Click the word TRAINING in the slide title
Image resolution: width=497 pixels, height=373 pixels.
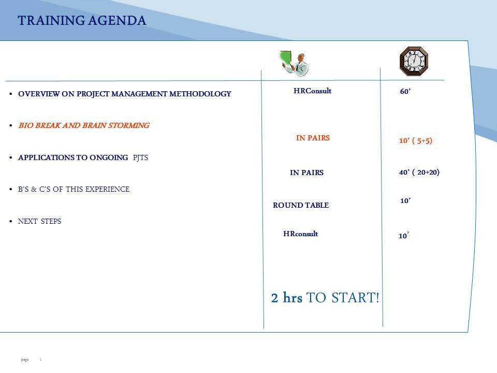coord(51,21)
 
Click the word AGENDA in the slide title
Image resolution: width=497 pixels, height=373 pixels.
coord(118,21)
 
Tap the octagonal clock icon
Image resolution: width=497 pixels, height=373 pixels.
coord(414,61)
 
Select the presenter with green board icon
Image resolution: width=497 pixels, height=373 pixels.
coord(294,63)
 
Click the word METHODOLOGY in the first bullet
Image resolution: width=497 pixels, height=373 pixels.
coord(200,94)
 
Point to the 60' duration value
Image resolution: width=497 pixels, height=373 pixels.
coord(405,91)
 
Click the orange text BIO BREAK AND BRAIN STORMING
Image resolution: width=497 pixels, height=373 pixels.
coord(84,125)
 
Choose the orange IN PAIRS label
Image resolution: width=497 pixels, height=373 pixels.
coord(313,138)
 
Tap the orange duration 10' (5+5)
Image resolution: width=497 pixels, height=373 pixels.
coord(416,140)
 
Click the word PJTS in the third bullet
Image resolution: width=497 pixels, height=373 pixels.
coord(140,157)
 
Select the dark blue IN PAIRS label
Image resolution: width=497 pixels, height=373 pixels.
coord(307,173)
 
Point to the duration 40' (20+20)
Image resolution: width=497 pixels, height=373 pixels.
coord(419,172)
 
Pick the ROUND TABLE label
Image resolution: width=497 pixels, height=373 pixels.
coord(301,205)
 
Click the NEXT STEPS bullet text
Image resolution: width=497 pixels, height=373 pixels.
coord(40,221)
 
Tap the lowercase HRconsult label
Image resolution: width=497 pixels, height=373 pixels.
coord(300,234)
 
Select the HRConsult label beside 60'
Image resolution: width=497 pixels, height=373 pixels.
coord(313,91)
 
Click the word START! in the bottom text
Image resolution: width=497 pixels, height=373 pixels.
coord(355,298)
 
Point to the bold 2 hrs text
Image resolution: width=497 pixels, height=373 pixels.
coord(286,297)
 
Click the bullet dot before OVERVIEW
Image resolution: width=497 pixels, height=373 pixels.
coord(11,94)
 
